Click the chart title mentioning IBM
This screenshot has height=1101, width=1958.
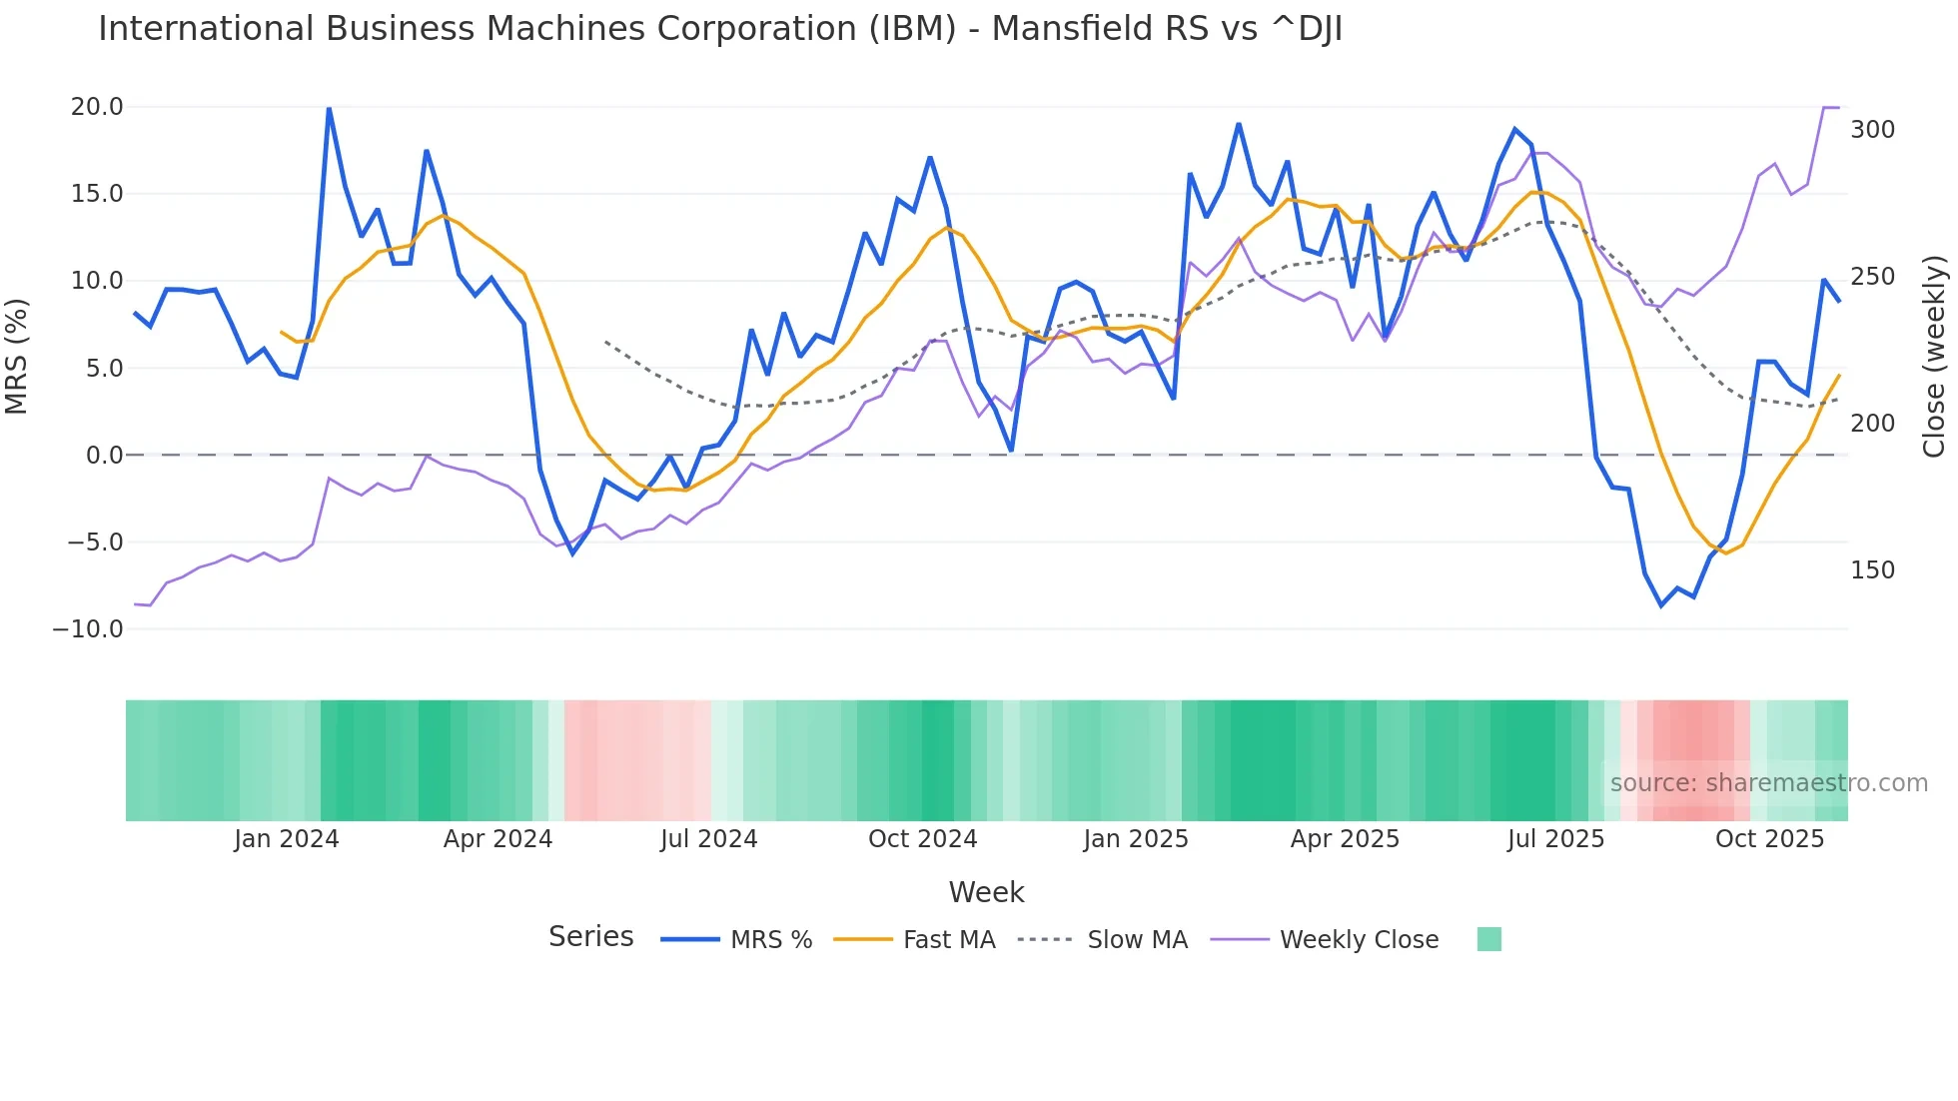tap(719, 29)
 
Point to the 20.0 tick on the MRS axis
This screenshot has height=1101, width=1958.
tap(97, 107)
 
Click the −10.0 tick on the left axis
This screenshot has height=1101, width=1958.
tap(88, 629)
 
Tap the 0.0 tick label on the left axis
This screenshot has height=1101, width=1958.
tap(104, 456)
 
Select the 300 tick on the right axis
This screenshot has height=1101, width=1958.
tap(1872, 130)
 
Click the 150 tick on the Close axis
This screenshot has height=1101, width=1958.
tap(1872, 570)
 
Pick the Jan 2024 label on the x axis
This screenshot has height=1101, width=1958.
tap(287, 839)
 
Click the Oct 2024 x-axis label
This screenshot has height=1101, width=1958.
tap(922, 839)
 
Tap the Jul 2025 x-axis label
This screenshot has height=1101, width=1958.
tap(1555, 839)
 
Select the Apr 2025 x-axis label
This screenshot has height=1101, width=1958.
tap(1345, 839)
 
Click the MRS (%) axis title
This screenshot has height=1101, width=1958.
tap(17, 357)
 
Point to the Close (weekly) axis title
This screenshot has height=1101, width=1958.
tap(1935, 357)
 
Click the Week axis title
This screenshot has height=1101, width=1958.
tap(986, 892)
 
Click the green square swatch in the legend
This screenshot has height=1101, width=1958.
tap(1488, 939)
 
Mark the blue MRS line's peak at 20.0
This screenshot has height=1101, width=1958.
tap(329, 108)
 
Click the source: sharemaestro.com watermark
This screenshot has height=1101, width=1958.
tap(1768, 783)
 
